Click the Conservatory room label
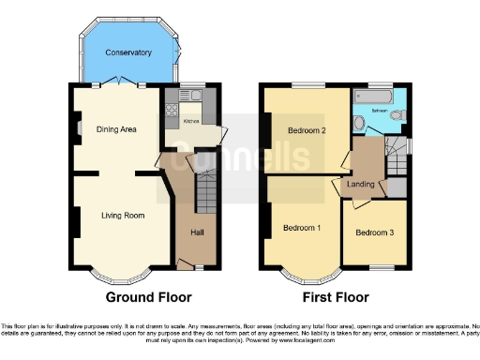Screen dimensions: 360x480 pos(128,52)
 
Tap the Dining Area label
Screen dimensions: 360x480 pos(117,129)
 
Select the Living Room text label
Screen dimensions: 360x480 pos(123,216)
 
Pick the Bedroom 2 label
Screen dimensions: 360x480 pos(307,130)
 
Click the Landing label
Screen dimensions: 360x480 pos(362,184)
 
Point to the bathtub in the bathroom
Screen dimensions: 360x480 pos(370,97)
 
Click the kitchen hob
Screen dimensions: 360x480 pos(171,110)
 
